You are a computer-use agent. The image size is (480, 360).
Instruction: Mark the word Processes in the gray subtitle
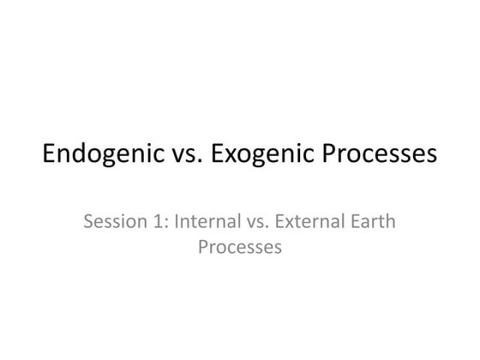click(x=240, y=249)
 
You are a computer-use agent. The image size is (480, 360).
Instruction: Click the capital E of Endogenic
click(x=50, y=156)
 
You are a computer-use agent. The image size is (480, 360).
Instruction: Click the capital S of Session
click(x=89, y=223)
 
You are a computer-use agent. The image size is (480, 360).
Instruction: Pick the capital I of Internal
click(x=176, y=223)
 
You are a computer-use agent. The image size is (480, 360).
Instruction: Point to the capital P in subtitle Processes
click(x=202, y=249)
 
